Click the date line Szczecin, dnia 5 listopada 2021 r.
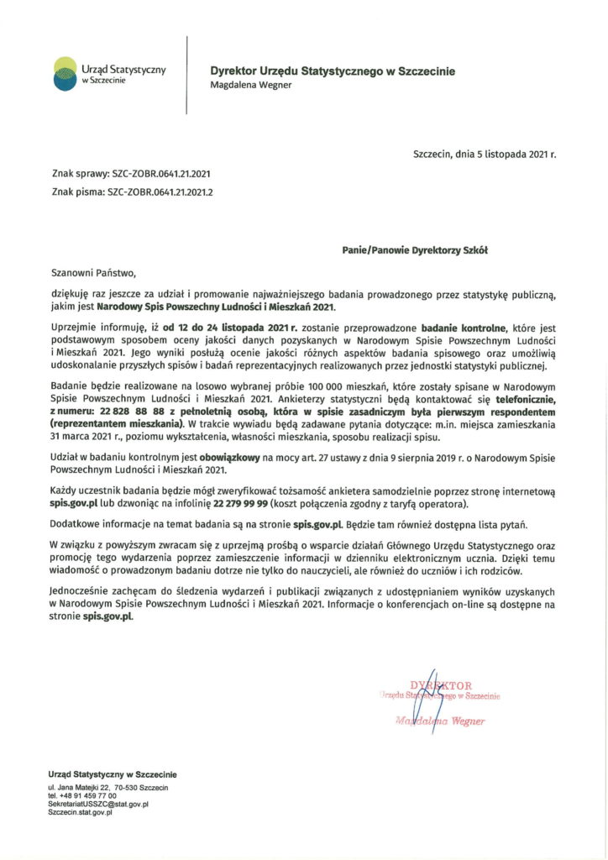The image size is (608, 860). click(485, 155)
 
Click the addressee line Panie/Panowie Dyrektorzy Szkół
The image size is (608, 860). click(415, 249)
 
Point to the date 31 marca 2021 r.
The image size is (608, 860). click(88, 437)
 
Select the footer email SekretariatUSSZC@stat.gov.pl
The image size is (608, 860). click(98, 804)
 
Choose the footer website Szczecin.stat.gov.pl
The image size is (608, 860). click(81, 812)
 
